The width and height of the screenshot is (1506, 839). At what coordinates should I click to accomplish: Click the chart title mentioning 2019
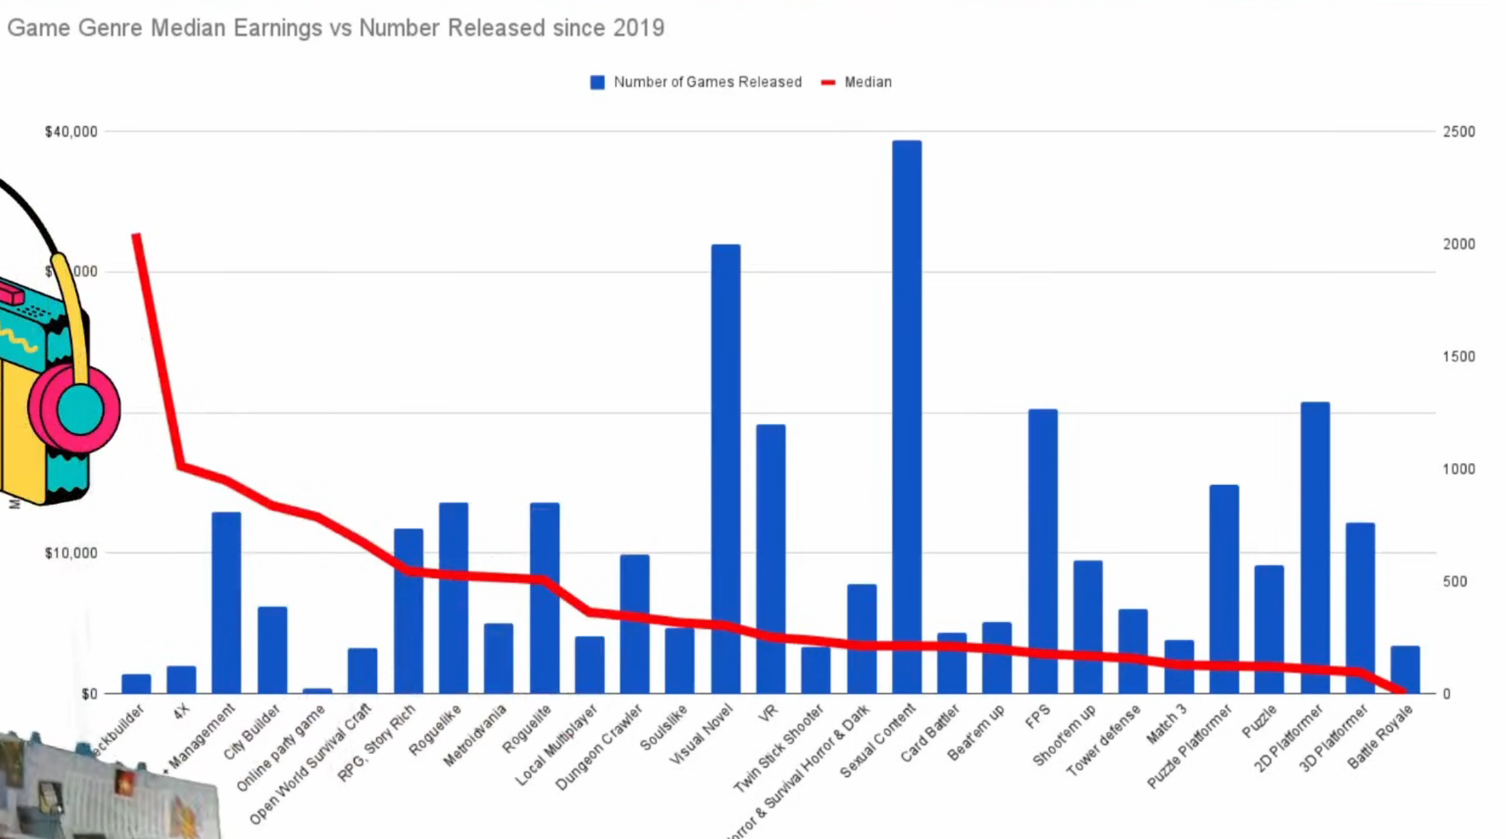coord(336,28)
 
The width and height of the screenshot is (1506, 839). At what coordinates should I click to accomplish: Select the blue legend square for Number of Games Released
coord(597,83)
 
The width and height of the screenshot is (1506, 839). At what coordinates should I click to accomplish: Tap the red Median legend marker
coord(828,83)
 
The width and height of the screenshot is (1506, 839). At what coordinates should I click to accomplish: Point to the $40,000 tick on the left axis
coord(71,132)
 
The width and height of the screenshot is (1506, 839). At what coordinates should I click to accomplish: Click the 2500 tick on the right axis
coord(1458,132)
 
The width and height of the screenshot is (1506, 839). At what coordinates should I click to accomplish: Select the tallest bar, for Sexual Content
coord(906,416)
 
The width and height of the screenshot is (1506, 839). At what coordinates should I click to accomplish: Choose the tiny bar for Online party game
coord(317,690)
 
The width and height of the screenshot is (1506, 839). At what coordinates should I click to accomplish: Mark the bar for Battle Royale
coord(1405,668)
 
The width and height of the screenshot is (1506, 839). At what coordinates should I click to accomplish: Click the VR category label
coord(768,713)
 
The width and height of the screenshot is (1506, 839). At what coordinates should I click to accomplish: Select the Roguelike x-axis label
coord(435,731)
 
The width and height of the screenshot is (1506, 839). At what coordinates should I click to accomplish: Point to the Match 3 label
coord(1166,724)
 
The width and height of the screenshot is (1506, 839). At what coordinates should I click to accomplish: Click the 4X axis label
coord(181,712)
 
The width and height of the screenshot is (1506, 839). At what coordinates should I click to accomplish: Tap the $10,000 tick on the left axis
coord(71,553)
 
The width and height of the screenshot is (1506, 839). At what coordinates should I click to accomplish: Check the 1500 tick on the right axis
coord(1458,357)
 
